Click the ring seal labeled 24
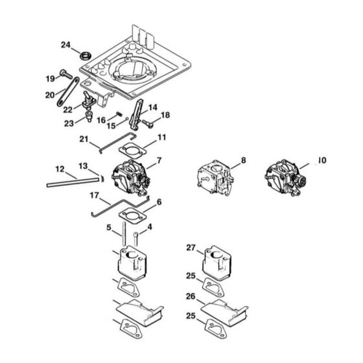[x=86, y=56]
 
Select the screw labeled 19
[x=66, y=74]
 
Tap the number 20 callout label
[x=50, y=95]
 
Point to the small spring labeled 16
[x=119, y=114]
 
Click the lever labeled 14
[x=136, y=114]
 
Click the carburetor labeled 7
[x=130, y=178]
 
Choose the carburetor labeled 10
[x=285, y=177]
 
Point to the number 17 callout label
[x=94, y=196]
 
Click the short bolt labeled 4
[x=136, y=239]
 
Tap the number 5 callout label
[x=109, y=228]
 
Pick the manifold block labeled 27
[x=217, y=263]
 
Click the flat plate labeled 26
[x=224, y=312]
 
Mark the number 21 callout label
[x=84, y=139]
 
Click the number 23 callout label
[x=69, y=123]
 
